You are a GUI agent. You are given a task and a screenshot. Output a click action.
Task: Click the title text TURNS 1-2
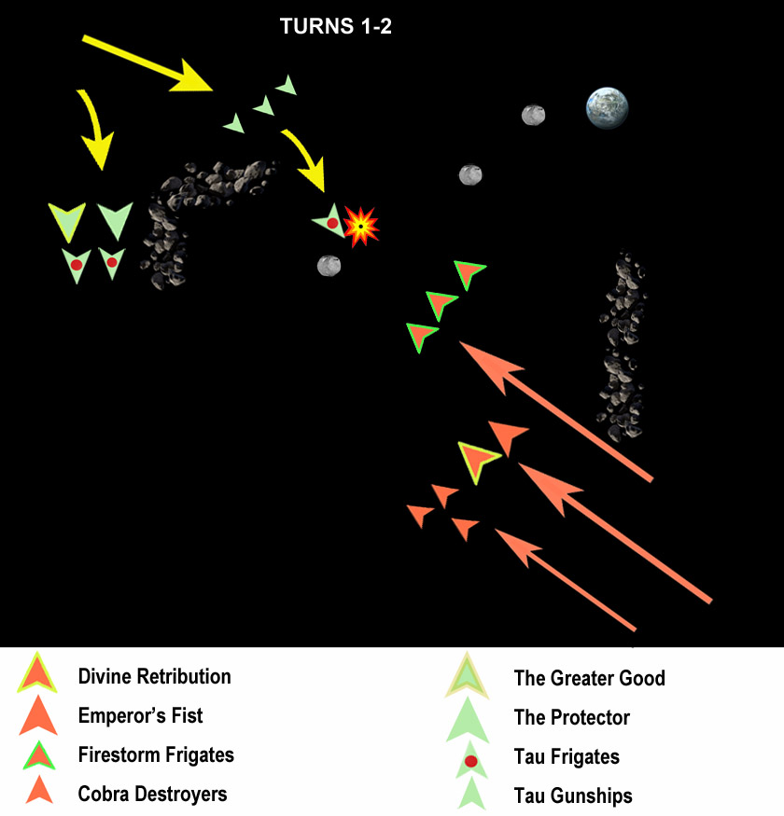[x=335, y=27]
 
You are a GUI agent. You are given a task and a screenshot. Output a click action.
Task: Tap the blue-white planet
[x=607, y=108]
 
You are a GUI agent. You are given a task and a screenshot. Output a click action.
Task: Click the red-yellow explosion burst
[x=360, y=226]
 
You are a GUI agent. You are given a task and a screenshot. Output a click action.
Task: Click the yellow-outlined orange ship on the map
[x=481, y=460]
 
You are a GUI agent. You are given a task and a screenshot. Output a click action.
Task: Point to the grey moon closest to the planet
[x=533, y=115]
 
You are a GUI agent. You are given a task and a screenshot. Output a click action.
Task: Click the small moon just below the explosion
[x=329, y=266]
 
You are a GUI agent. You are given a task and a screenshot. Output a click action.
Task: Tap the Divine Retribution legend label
[x=154, y=676]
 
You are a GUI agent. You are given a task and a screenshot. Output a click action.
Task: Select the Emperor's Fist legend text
[x=140, y=716]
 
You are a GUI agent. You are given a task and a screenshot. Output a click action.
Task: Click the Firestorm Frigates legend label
[x=156, y=754]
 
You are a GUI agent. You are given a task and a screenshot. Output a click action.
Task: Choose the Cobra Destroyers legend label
[x=152, y=795]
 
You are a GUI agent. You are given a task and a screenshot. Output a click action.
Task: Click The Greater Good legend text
[x=589, y=678]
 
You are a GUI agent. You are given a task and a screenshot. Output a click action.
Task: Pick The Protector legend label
[x=571, y=718]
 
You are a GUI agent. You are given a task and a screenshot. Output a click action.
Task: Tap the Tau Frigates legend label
[x=567, y=757]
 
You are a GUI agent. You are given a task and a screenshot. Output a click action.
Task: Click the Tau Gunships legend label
[x=572, y=796]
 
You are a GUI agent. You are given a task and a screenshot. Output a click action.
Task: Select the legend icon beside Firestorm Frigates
[x=38, y=754]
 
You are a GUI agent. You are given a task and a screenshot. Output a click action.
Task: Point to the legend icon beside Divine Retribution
[x=38, y=674]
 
